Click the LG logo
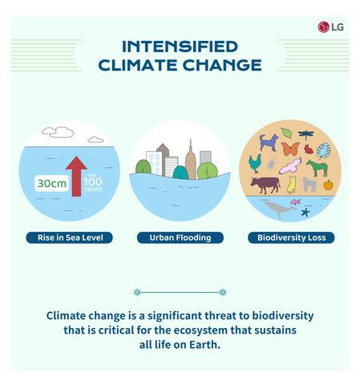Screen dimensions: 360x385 pos(330,27)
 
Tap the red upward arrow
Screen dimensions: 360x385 pos(76,176)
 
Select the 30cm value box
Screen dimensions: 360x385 pos(52,184)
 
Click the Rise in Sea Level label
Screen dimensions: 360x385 pos(70,237)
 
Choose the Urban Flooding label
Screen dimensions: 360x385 pos(180,237)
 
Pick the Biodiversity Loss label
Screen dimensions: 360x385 pos(291,237)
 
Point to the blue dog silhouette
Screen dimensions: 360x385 pos(269,143)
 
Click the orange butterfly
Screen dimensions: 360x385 pos(290,149)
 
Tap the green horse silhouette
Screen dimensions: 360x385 pos(318,168)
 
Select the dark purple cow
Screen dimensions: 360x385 pos(265,184)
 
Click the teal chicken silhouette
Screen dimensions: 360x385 pos(255,163)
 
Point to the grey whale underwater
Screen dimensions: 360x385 pos(279,209)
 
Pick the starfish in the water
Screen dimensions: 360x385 pos(305,213)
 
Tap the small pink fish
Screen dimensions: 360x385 pos(296,202)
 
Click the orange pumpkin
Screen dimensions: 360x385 pos(328,185)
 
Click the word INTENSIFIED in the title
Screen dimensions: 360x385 pos(180,47)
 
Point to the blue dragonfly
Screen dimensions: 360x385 pos(305,135)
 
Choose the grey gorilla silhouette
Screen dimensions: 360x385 pos(309,184)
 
